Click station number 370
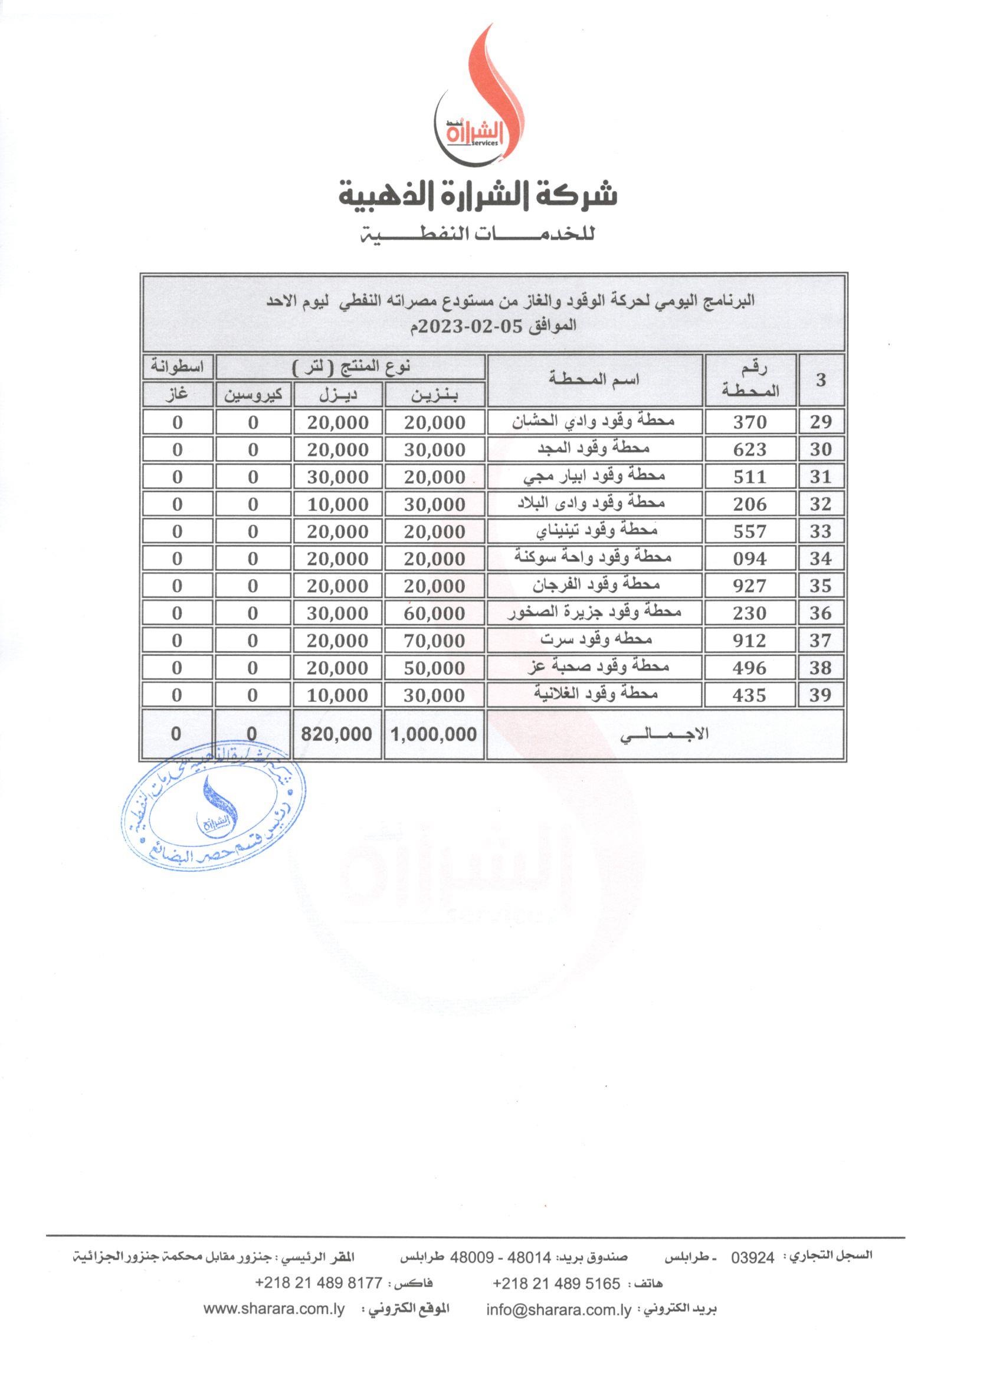click(x=749, y=422)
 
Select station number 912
click(x=749, y=641)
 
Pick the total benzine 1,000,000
click(x=434, y=734)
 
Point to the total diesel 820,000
click(x=337, y=734)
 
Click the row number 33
click(x=820, y=531)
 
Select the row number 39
click(x=820, y=695)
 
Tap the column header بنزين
click(x=435, y=395)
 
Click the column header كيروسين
click(x=253, y=395)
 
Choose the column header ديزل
click(x=338, y=395)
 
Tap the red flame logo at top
click(x=480, y=97)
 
